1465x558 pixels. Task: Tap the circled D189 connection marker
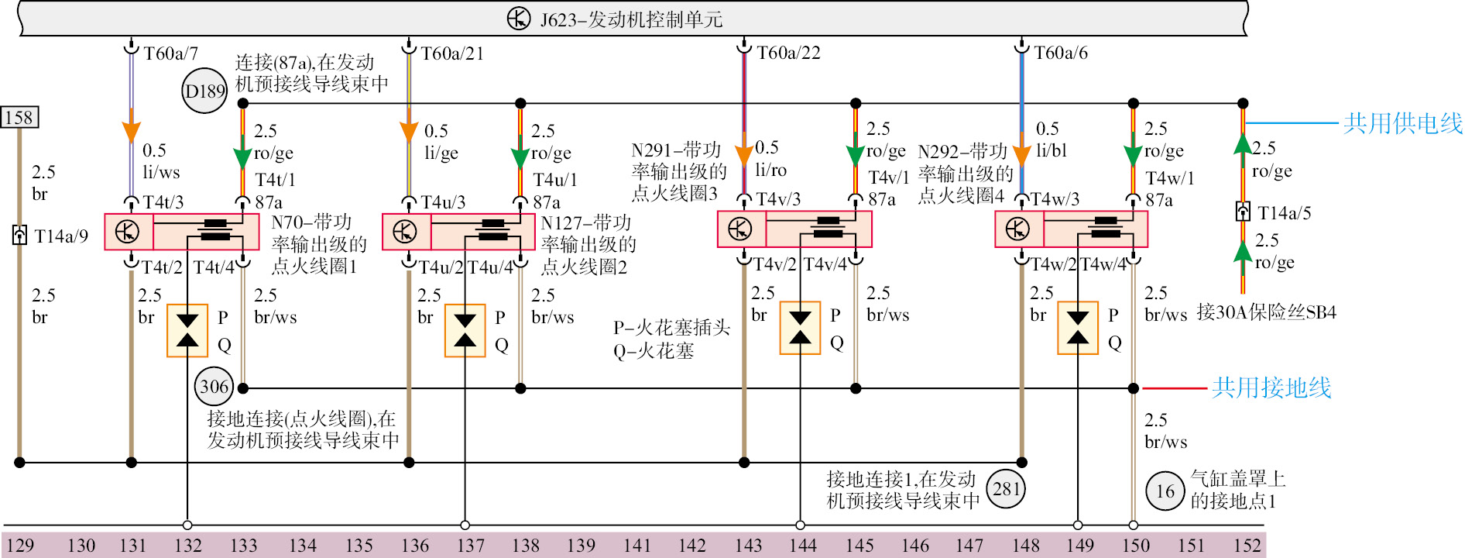[204, 91]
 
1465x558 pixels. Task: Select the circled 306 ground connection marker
[214, 386]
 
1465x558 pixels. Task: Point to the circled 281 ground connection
[1006, 488]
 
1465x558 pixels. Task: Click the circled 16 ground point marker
[1165, 491]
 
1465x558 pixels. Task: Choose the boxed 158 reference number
[19, 118]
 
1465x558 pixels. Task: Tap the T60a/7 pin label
[170, 53]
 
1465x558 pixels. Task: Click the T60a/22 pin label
[788, 53]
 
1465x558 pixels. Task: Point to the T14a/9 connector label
[61, 236]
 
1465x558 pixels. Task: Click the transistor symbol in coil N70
[127, 231]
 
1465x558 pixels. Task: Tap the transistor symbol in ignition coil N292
[1017, 229]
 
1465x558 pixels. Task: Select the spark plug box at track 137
[465, 331]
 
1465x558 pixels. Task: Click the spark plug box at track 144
[800, 328]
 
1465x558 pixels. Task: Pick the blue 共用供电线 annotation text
[1402, 123]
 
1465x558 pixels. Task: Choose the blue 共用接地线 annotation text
[1271, 387]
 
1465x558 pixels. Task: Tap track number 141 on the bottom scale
[636, 546]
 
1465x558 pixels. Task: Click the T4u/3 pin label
[443, 202]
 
